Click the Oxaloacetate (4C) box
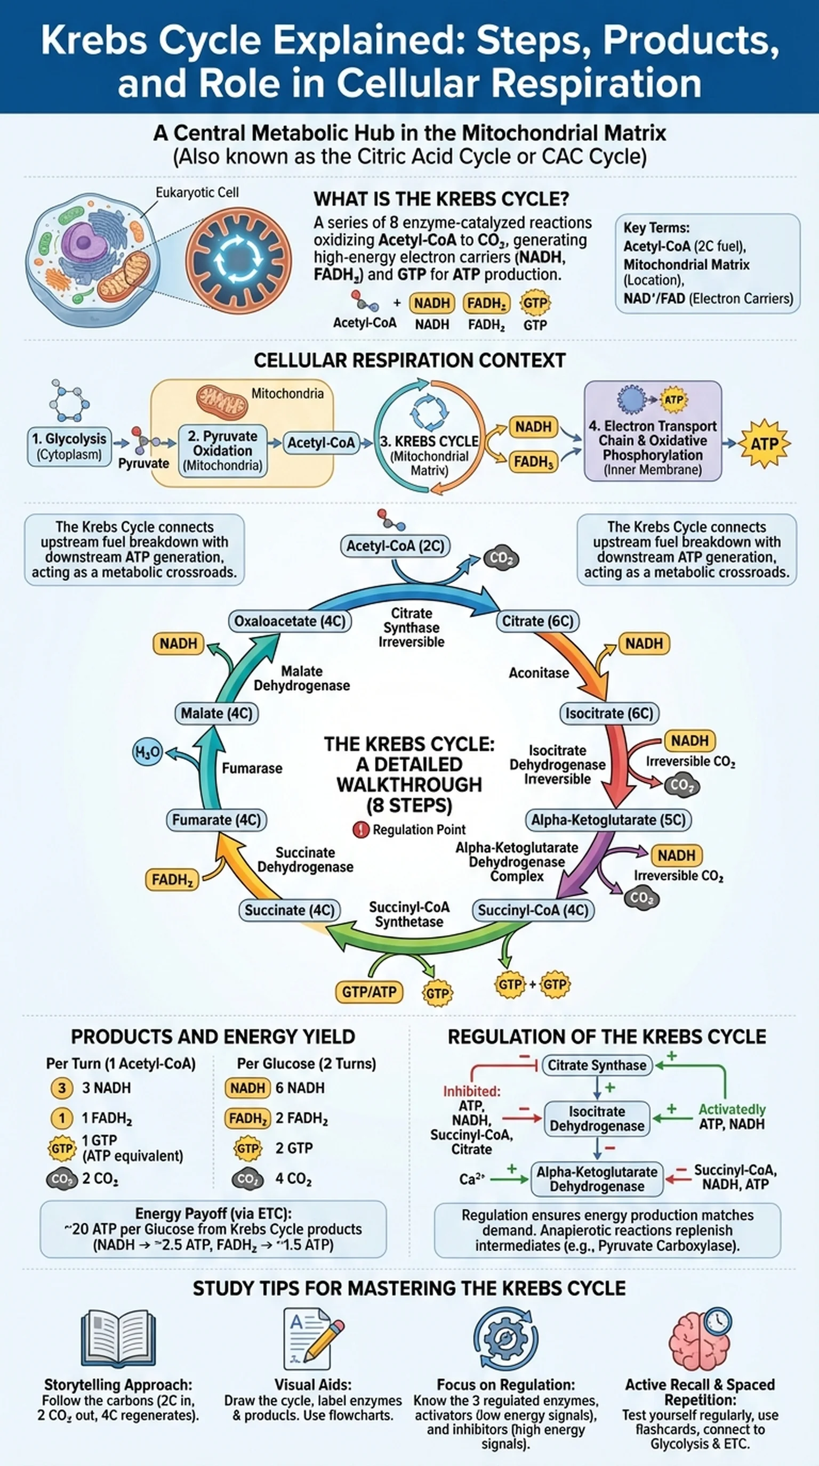290,621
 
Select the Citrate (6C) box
537,621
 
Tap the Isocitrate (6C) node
609,713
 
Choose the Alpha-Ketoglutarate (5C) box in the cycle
608,820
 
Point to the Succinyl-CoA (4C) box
533,910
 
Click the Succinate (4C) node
290,910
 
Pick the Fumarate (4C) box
216,820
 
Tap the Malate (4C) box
216,713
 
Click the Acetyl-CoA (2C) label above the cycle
395,546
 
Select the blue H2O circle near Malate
147,752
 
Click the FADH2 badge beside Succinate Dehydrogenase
172,880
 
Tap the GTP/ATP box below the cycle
369,992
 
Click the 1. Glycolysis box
69,446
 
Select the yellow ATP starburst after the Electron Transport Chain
764,444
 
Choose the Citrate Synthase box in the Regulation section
597,1065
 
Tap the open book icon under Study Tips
118,1338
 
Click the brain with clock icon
700,1338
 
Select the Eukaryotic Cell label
197,192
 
